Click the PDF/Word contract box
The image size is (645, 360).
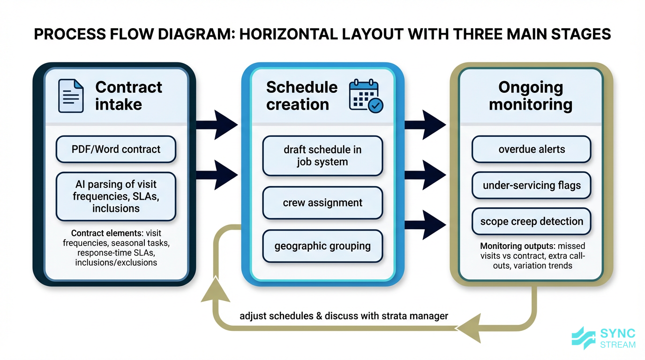click(116, 150)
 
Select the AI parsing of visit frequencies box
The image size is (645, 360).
click(116, 196)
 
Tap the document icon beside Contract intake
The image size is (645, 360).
click(71, 96)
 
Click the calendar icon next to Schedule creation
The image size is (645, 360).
click(366, 96)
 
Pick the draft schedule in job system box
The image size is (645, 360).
click(322, 156)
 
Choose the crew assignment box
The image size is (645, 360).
click(322, 203)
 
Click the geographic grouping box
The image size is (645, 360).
click(322, 246)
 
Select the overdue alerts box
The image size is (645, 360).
click(532, 150)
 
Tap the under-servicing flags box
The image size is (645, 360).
click(532, 185)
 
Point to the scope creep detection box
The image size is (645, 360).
click(532, 221)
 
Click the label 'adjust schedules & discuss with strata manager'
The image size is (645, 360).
click(344, 316)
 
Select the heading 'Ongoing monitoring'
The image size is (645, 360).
click(531, 96)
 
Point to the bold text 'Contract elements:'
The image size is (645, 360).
click(107, 233)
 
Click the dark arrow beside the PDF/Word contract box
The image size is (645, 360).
click(217, 125)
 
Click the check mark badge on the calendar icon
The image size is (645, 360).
click(375, 106)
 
